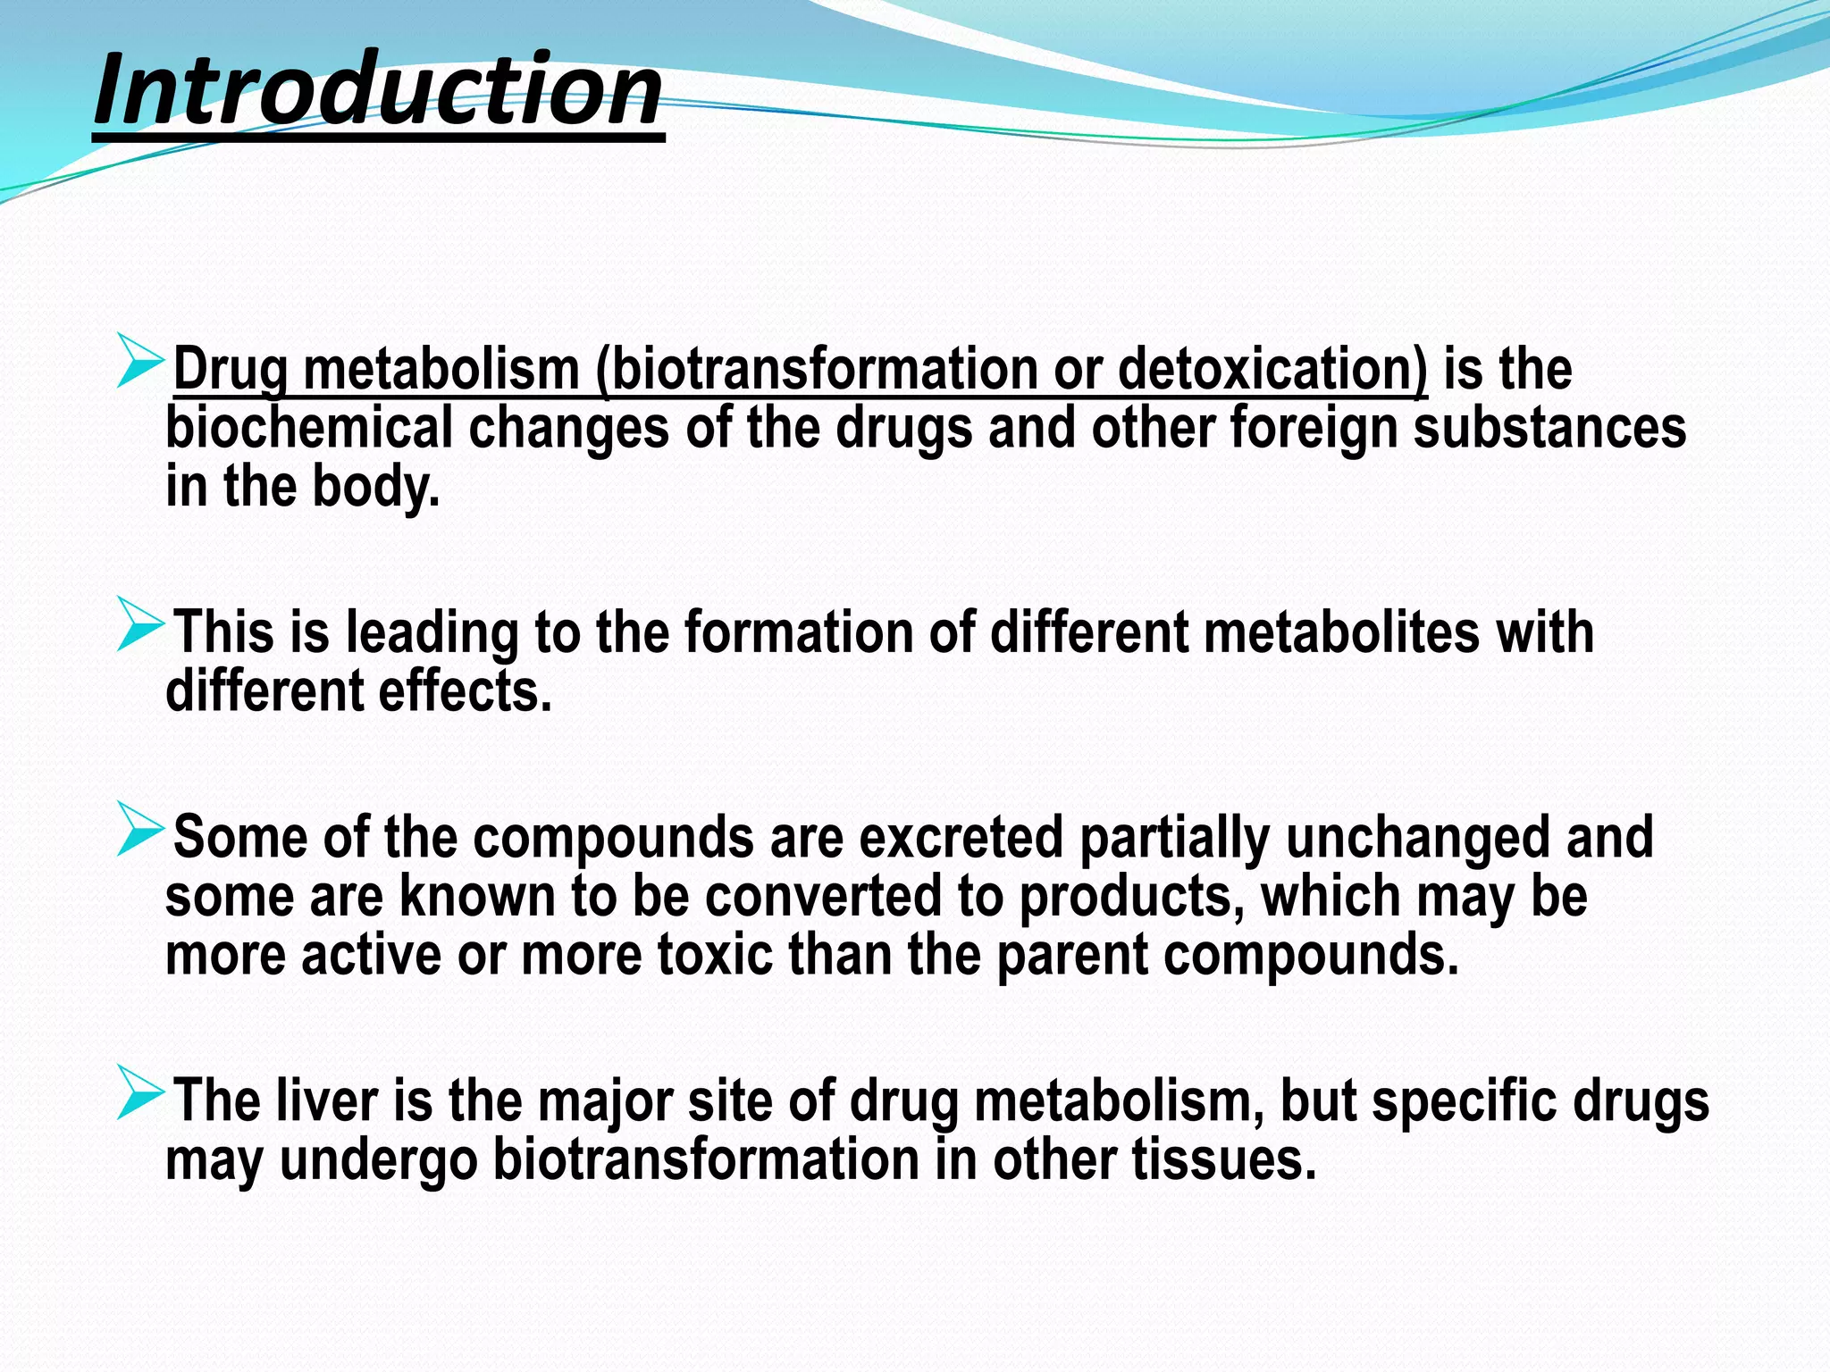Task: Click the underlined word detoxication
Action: (1272, 368)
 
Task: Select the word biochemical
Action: (309, 427)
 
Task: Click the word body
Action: (375, 488)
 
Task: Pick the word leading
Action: (432, 632)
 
